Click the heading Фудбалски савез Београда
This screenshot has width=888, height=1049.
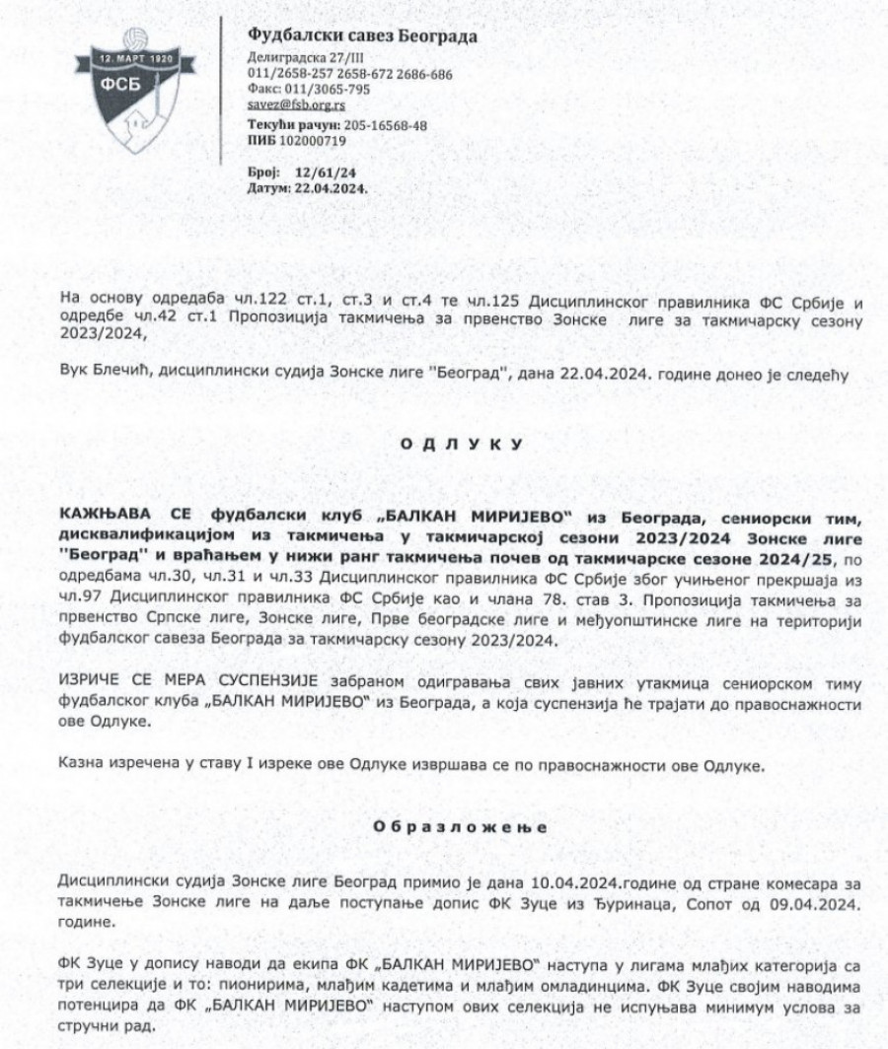pyautogui.click(x=362, y=37)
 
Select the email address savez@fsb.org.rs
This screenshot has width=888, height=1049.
pyautogui.click(x=296, y=104)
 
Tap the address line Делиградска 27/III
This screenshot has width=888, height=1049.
pyautogui.click(x=299, y=59)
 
